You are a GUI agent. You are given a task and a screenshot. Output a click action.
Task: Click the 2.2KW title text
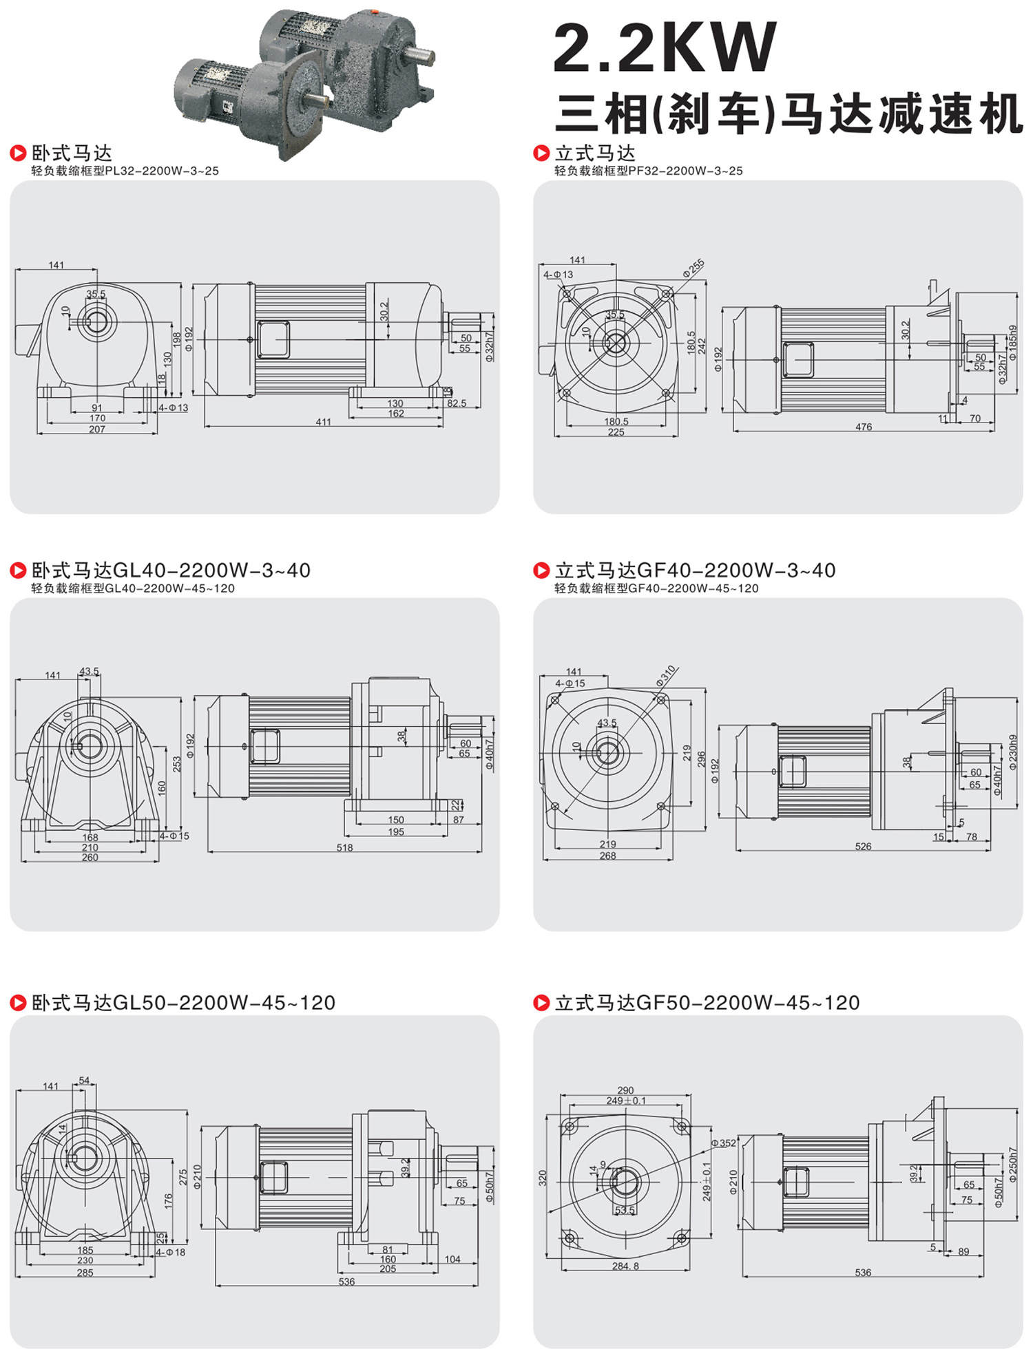tap(665, 47)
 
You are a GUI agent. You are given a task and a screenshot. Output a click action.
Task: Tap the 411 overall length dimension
tap(323, 422)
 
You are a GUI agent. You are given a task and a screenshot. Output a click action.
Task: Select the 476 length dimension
tap(864, 427)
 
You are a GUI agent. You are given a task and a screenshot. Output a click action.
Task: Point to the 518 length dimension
tap(344, 847)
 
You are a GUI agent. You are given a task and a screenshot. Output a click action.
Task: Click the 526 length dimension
tap(863, 846)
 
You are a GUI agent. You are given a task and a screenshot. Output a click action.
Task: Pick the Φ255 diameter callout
tap(693, 268)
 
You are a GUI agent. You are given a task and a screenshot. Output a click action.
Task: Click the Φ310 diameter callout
tap(666, 675)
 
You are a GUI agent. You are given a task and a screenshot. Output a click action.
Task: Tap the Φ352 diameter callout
tap(723, 1143)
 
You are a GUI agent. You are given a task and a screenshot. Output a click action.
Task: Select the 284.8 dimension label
tap(625, 1266)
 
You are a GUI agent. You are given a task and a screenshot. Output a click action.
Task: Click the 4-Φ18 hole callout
tap(171, 1252)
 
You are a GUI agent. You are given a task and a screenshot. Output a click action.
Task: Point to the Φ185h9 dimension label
tap(1012, 343)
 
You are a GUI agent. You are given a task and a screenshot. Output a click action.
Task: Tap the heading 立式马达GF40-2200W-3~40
tap(695, 571)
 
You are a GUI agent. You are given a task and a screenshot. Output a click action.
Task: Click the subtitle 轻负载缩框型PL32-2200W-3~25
tap(125, 171)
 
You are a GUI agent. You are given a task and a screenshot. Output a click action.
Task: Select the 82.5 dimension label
tap(457, 403)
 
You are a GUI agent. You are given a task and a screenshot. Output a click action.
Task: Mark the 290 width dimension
tap(625, 1090)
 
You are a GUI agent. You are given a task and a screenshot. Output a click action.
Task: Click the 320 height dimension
tap(543, 1178)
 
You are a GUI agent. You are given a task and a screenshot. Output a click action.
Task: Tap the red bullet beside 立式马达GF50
tap(541, 1003)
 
